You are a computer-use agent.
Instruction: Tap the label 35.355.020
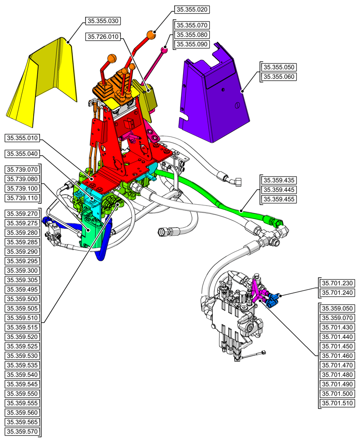coord(192,9)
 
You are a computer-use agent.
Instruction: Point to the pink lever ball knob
coord(164,50)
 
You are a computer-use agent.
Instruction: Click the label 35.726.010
coord(103,37)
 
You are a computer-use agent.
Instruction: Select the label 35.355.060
coord(279,77)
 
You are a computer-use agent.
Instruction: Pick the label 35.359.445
coord(279,190)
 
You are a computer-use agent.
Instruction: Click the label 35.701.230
coord(337,283)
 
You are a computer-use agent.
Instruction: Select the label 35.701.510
coord(337,404)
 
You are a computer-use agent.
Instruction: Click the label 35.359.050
coord(337,309)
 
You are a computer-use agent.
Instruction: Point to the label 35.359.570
coord(22,431)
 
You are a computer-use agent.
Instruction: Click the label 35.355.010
coord(22,138)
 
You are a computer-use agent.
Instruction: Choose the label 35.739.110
coord(22,198)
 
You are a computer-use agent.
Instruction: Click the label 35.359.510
coord(22,318)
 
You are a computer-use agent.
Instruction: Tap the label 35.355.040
coord(22,154)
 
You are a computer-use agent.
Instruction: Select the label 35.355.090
coord(192,44)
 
